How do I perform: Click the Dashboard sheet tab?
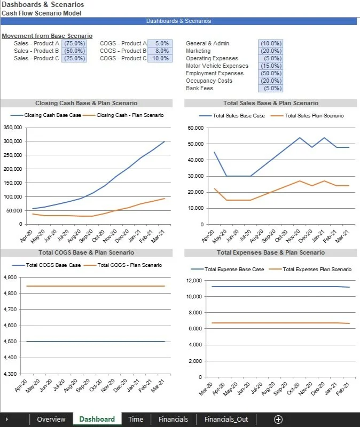(97, 419)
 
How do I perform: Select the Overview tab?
(51, 419)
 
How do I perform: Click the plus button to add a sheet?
(278, 419)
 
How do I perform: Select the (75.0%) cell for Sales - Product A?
(74, 43)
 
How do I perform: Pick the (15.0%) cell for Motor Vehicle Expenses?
(270, 66)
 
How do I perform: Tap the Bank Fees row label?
(199, 88)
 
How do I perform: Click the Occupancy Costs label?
(209, 81)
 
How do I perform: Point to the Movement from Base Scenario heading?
(47, 36)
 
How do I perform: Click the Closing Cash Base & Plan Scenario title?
(86, 103)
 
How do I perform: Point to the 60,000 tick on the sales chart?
(197, 128)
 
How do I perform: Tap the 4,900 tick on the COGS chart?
(10, 278)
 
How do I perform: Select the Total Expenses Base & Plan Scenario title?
(271, 252)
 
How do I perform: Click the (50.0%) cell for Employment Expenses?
(270, 73)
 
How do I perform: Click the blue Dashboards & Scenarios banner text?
(178, 21)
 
